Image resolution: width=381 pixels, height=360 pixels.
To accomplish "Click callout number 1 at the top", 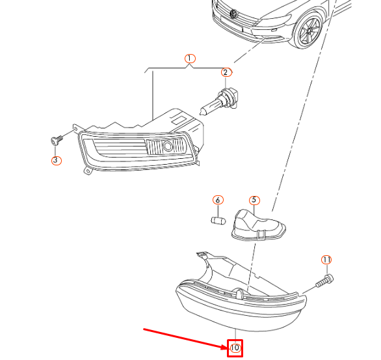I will tap(189, 59).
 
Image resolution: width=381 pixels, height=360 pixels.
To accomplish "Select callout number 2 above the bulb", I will tap(226, 73).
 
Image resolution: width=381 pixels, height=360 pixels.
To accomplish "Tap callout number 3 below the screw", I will tap(56, 159).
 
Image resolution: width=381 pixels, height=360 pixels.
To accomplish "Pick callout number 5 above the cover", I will tap(254, 201).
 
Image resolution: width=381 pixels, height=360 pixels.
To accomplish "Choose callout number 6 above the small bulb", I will tap(218, 200).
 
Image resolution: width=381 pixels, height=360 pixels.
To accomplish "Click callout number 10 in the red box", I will tap(235, 348).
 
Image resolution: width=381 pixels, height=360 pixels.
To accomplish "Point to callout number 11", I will tap(326, 260).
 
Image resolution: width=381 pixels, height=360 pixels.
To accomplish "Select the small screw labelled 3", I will tap(56, 139).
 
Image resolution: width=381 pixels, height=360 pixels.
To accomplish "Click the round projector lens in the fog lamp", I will tap(168, 146).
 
